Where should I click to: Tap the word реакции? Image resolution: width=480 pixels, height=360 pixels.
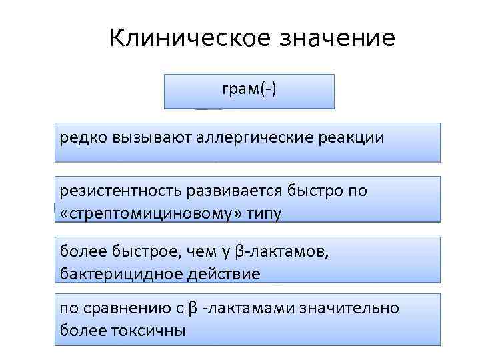pyautogui.click(x=351, y=138)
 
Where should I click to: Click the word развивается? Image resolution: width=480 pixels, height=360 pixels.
pyautogui.click(x=232, y=191)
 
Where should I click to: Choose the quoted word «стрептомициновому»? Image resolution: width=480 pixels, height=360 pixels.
pyautogui.click(x=147, y=213)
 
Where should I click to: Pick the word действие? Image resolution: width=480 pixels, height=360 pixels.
pyautogui.click(x=219, y=273)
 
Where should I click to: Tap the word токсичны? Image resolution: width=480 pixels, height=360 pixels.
pyautogui.click(x=153, y=330)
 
